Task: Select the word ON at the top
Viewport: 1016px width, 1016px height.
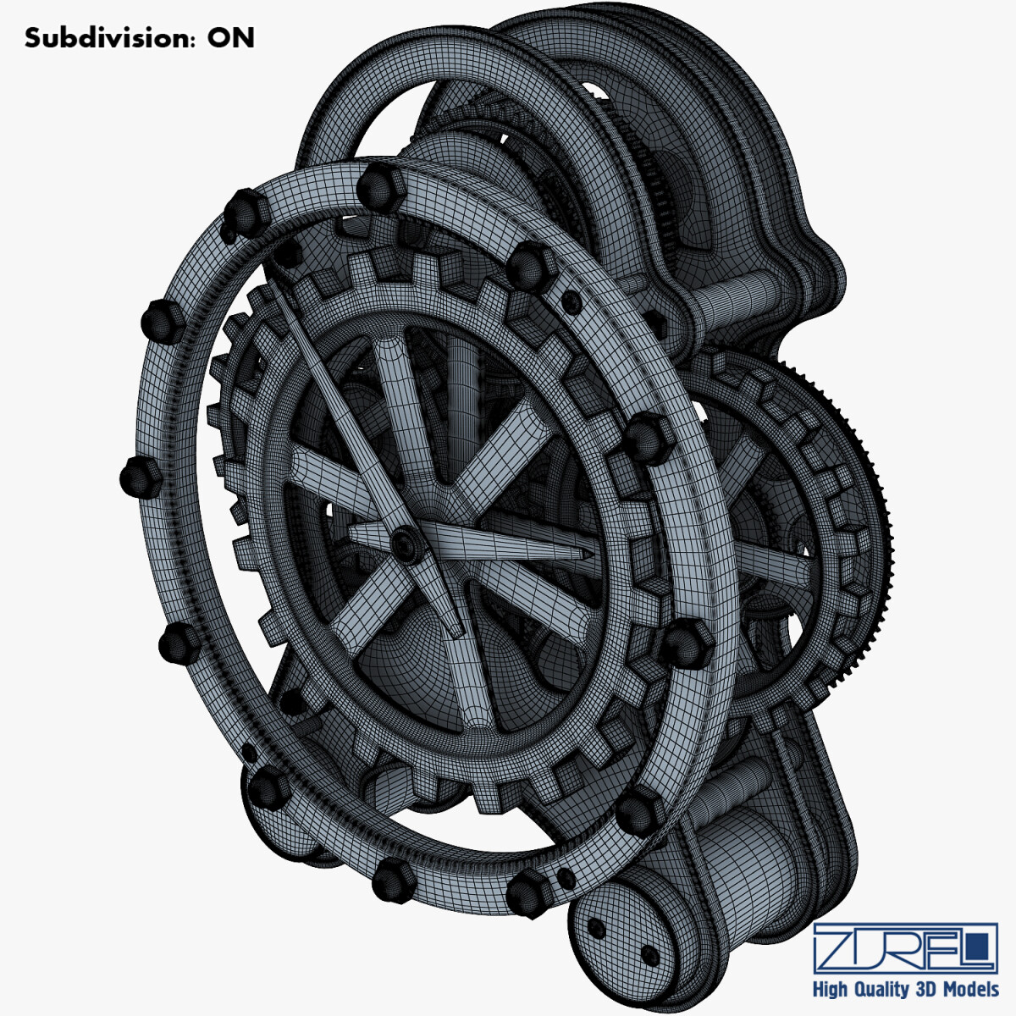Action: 230,38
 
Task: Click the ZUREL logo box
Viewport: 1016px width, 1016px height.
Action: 905,948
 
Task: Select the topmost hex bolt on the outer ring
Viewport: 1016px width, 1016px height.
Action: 379,188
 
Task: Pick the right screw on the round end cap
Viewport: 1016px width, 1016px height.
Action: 649,955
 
